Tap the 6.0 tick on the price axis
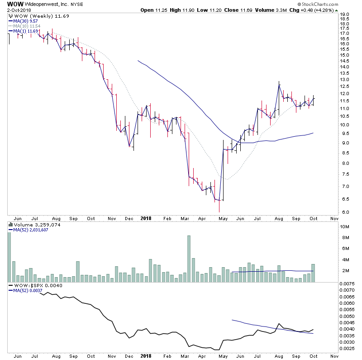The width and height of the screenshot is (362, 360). coord(345,212)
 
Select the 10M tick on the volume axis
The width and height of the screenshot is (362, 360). coord(346,227)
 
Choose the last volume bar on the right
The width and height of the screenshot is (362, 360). coord(313,273)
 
